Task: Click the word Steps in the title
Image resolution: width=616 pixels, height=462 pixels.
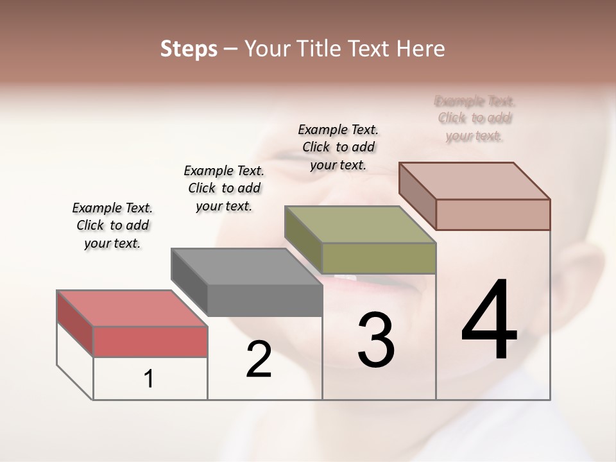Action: (x=189, y=49)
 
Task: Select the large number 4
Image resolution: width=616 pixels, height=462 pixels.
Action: (x=489, y=321)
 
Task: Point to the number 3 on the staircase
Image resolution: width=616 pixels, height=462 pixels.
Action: (x=376, y=340)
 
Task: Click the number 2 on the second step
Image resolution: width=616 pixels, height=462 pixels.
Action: (x=259, y=359)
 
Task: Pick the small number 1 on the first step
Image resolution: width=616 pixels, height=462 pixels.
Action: (x=149, y=379)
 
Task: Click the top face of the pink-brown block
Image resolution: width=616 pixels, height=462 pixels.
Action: (x=474, y=181)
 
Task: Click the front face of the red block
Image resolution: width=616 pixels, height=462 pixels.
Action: (x=150, y=341)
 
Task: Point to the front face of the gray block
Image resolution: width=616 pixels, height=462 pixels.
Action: (x=264, y=300)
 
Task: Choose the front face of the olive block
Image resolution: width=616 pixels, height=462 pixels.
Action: (x=379, y=258)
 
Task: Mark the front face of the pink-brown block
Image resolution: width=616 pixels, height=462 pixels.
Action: (x=493, y=214)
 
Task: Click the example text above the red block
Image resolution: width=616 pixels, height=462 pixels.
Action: (x=112, y=225)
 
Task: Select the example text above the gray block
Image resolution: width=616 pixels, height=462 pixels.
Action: (x=224, y=188)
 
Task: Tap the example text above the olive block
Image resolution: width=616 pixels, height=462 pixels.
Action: (x=338, y=147)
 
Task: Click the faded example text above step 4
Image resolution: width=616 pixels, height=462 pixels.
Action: (x=474, y=118)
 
